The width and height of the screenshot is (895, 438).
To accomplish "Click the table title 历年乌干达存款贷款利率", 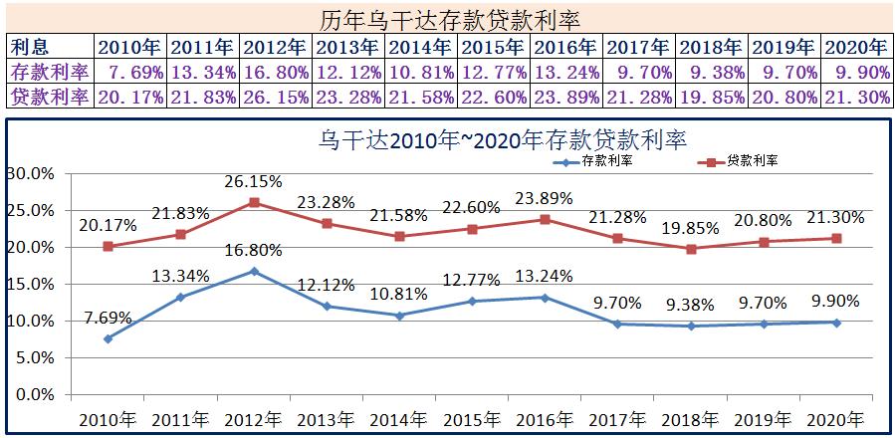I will pyautogui.click(x=451, y=19).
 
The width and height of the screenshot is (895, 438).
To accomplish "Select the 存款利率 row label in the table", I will pyautogui.click(x=50, y=72).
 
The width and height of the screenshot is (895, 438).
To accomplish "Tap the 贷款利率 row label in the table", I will pyautogui.click(x=50, y=97).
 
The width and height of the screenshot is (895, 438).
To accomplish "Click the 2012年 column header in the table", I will pyautogui.click(x=275, y=47).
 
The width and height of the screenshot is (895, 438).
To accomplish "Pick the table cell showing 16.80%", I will pyautogui.click(x=275, y=72).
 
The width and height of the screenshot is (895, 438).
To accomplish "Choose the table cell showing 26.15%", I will pyautogui.click(x=275, y=97).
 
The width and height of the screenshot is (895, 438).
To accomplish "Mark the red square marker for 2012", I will pyautogui.click(x=254, y=202).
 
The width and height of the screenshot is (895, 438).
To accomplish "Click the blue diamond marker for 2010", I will pyautogui.click(x=108, y=338).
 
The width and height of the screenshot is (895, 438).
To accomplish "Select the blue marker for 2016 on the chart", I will pyautogui.click(x=544, y=298).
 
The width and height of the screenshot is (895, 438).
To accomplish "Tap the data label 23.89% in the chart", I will pyautogui.click(x=544, y=198).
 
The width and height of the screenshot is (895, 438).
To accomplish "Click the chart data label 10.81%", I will pyautogui.click(x=397, y=294).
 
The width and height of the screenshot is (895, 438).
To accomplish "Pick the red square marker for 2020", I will pyautogui.click(x=835, y=238).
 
